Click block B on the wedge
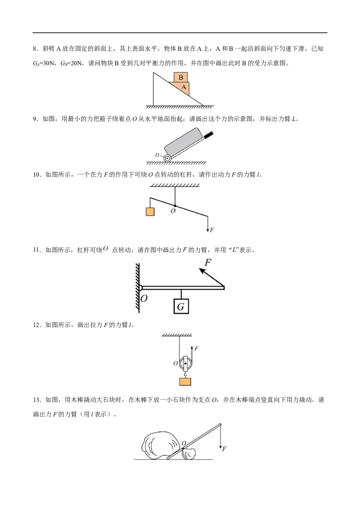point(180,77)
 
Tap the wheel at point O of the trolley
point(167,158)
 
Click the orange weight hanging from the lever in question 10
point(150,212)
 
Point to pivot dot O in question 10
point(175,206)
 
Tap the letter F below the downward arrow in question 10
point(212,230)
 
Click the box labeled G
point(181,306)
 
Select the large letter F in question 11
point(208,262)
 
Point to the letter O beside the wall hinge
point(144,298)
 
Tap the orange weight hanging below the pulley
point(185,381)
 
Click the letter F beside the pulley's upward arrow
point(196,348)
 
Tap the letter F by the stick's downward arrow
point(224,449)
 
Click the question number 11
point(36,250)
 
